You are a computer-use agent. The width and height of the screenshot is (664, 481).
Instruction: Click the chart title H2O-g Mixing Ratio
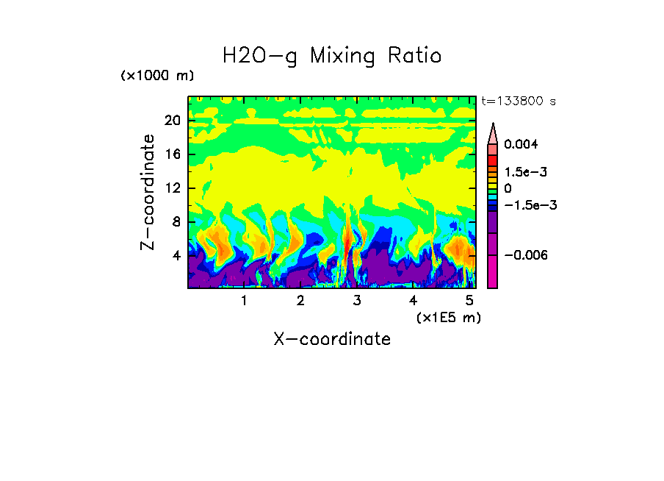click(x=332, y=56)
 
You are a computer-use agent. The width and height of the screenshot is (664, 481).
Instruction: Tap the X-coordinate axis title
click(x=332, y=339)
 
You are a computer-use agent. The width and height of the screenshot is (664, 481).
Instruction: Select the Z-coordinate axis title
click(x=148, y=192)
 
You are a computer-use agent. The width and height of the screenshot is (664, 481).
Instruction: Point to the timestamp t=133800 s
click(x=518, y=101)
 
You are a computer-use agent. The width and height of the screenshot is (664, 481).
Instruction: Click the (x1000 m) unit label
click(x=157, y=76)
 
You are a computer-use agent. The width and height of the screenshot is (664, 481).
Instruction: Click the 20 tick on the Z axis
click(x=172, y=121)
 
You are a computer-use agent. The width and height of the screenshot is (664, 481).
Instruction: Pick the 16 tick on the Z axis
click(x=172, y=155)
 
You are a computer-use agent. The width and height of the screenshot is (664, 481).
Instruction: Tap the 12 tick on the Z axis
click(x=172, y=188)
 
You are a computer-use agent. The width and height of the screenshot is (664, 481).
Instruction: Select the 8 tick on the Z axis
click(x=176, y=222)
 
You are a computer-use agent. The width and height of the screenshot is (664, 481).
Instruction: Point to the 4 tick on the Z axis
click(x=176, y=256)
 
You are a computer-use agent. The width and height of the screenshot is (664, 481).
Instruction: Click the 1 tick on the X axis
click(x=244, y=301)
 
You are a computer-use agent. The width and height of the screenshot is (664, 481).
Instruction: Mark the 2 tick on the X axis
click(x=300, y=301)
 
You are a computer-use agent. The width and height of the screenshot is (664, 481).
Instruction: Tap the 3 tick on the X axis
click(x=356, y=301)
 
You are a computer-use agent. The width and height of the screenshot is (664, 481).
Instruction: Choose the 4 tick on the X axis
click(x=413, y=301)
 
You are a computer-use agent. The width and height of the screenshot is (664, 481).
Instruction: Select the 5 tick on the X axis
click(x=469, y=301)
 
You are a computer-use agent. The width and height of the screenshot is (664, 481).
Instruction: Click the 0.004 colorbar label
click(x=521, y=145)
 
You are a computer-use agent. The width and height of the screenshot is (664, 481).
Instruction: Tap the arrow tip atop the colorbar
click(x=493, y=125)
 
